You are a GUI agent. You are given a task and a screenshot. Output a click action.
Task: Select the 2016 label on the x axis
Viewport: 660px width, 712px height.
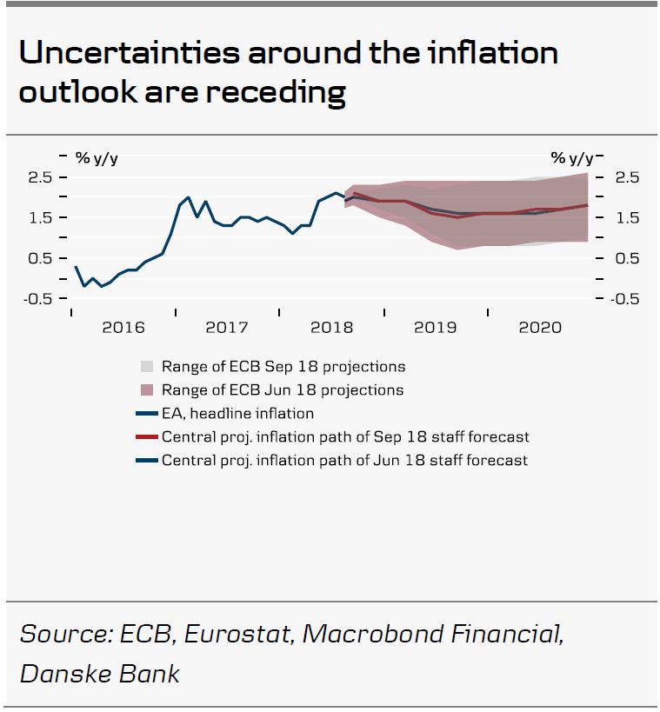click(123, 328)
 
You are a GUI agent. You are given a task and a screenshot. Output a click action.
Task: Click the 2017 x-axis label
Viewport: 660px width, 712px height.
click(227, 328)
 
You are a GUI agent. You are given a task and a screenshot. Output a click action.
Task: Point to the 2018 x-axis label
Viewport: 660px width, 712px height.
click(331, 328)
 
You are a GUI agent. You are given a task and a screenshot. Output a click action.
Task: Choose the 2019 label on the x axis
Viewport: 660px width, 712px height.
click(436, 328)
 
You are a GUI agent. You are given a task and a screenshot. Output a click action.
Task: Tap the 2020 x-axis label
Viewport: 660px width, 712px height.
click(539, 328)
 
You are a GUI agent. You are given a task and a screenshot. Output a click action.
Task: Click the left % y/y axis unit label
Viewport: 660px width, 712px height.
click(96, 157)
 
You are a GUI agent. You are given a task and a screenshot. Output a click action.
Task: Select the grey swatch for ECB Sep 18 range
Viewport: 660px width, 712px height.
click(147, 367)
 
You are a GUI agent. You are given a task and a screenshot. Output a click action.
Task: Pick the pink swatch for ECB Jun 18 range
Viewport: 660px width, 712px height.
click(147, 390)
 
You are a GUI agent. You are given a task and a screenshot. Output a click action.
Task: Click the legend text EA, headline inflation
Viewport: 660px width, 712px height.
click(237, 414)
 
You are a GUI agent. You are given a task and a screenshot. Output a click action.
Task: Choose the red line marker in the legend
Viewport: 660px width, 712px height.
click(147, 437)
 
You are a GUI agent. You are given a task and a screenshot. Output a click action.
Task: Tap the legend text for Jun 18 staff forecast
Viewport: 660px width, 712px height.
click(344, 460)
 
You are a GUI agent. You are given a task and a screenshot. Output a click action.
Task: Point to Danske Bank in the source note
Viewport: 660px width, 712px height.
click(100, 673)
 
